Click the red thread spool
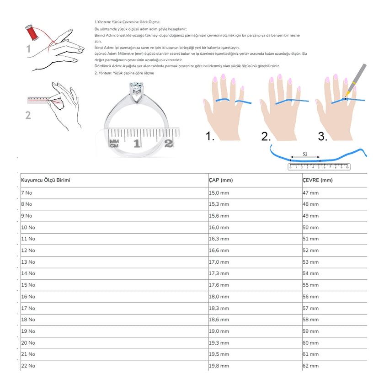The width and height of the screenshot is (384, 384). coord(32,33)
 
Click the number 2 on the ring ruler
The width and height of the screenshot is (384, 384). coord(169,144)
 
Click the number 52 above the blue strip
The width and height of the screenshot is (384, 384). coord(305,154)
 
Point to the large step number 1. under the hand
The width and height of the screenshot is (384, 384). coord(210,136)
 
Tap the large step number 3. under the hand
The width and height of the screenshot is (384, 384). coord(323,136)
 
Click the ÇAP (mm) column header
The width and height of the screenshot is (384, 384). coord(221,180)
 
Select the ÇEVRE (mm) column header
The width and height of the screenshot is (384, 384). coord(317,180)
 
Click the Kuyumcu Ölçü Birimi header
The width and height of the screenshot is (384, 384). coord(46,180)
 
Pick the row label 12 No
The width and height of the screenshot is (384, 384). coord(28,251)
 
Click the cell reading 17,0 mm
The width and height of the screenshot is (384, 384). coord(219,262)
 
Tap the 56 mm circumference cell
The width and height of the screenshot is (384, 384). coord(310,297)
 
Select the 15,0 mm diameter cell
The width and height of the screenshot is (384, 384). coord(219,193)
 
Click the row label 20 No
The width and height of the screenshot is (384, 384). coord(28,343)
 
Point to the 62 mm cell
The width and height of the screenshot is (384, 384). coord(310,366)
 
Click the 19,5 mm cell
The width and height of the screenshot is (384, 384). coord(219,354)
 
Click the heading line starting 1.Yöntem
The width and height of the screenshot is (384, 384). coord(127,22)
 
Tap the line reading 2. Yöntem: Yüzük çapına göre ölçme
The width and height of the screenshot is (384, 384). coord(124,73)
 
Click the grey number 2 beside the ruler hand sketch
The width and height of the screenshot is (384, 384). coord(28,115)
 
